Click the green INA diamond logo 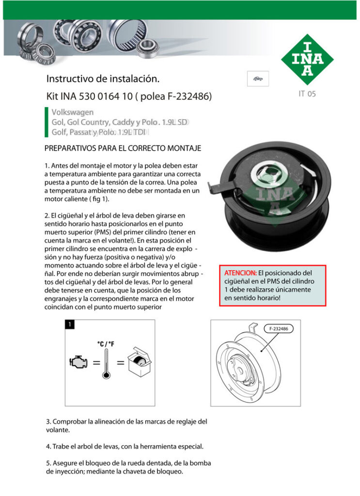tap(307, 59)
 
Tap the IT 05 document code tap(307, 94)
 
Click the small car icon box tap(258, 78)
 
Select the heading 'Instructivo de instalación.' tap(103, 78)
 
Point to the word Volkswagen tap(72, 112)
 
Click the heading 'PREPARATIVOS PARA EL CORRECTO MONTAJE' tap(123, 148)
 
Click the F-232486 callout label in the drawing tap(279, 329)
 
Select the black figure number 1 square tap(70, 325)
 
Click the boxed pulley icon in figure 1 tap(140, 363)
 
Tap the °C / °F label tap(106, 344)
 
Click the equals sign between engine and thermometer tap(96, 363)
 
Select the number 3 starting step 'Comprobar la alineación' tap(48, 421)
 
